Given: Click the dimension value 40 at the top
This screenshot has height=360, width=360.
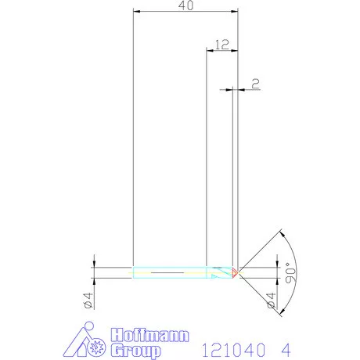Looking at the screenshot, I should pyautogui.click(x=185, y=6).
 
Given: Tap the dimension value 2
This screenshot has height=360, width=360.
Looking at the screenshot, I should pyautogui.click(x=255, y=81).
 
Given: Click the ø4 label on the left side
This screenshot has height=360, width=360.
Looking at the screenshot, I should pyautogui.click(x=88, y=300).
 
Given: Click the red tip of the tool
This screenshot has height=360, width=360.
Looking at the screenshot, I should pyautogui.click(x=236, y=272).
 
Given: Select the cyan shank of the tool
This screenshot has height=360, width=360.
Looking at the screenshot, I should pyautogui.click(x=168, y=272).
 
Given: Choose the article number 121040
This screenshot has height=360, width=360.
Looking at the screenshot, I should pyautogui.click(x=232, y=347).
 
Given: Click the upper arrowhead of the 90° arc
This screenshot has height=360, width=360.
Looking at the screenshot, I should pyautogui.click(x=279, y=232).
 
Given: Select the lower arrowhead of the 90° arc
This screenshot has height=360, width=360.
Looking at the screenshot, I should pyautogui.click(x=279, y=311).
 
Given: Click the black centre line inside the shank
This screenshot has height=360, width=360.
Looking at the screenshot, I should pyautogui.click(x=168, y=272).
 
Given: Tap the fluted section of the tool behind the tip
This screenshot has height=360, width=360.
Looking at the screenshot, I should pyautogui.click(x=219, y=272).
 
